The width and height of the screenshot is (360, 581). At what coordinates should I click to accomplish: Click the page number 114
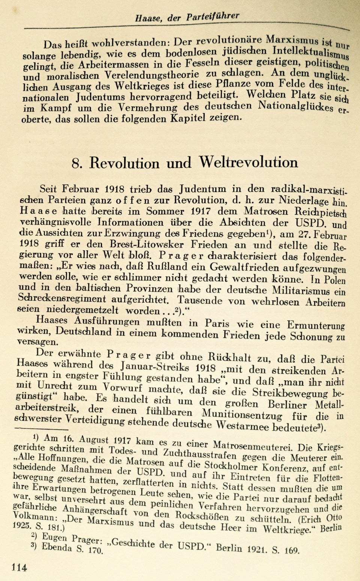coord(19,567)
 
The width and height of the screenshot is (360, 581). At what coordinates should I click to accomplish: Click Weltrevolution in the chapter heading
coord(248,162)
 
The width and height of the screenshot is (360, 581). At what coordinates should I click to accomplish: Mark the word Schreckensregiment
coord(71,299)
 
